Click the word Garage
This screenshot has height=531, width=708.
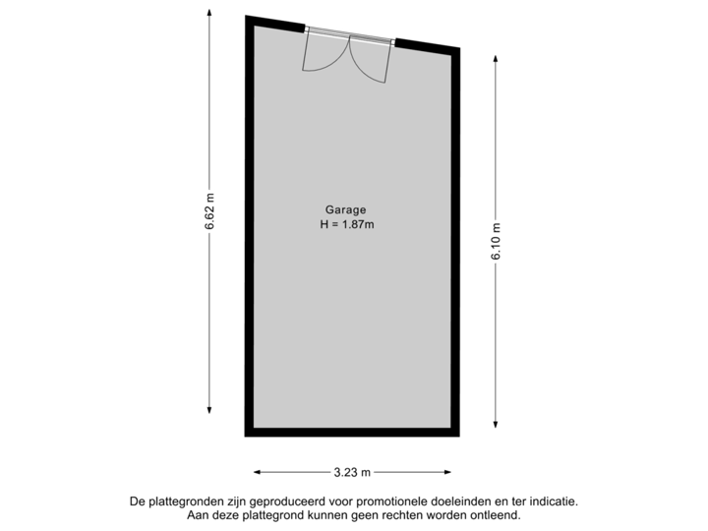[345, 209]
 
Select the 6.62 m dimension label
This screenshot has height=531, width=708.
[210, 211]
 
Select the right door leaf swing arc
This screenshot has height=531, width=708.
[373, 61]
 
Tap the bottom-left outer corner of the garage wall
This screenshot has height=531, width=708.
[245, 436]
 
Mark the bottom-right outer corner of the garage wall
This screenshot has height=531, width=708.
[461, 436]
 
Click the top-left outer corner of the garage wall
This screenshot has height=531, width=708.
[245, 16]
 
